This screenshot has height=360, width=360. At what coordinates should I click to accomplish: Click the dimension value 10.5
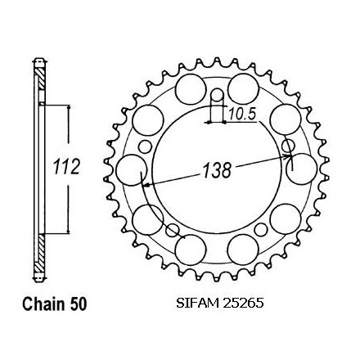click(242, 114)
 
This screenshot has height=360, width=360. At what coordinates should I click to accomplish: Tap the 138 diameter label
click(218, 170)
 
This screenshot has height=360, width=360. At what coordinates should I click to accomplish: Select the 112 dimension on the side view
click(66, 166)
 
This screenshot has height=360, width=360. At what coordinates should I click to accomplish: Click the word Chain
click(43, 304)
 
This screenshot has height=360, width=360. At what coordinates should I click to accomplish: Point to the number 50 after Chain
click(78, 304)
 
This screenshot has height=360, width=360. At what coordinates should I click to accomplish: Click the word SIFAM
click(197, 303)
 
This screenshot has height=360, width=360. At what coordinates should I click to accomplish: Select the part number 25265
click(243, 303)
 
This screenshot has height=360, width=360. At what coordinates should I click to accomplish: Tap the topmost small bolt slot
click(217, 97)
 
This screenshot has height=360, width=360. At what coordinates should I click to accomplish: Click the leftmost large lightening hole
click(132, 170)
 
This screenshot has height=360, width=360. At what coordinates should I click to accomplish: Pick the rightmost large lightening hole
click(302, 169)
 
